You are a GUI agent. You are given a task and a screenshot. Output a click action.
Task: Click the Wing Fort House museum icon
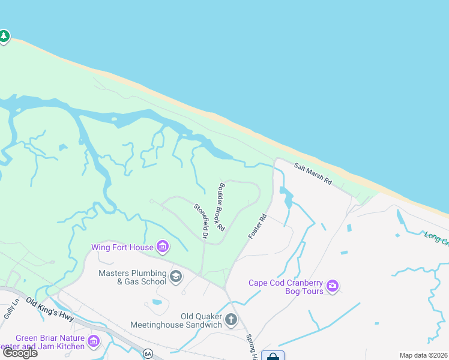click(162, 246)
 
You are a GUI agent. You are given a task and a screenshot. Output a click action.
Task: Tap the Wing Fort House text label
click(122, 247)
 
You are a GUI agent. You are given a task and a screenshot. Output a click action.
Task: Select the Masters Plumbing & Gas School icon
click(176, 276)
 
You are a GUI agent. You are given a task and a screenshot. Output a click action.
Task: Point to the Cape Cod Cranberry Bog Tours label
click(286, 287)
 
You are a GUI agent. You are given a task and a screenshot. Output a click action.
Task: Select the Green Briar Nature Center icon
click(94, 341)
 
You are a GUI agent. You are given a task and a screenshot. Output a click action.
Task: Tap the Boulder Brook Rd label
click(221, 207)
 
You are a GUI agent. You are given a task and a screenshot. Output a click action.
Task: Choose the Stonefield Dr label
click(200, 222)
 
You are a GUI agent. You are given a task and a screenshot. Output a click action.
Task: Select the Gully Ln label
click(8, 311)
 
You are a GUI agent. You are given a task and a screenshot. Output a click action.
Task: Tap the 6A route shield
click(148, 353)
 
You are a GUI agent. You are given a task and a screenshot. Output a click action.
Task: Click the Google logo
click(20, 353)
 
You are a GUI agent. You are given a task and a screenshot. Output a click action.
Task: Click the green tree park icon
click(4, 37)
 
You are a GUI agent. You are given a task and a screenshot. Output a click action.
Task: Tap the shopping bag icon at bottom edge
click(273, 356)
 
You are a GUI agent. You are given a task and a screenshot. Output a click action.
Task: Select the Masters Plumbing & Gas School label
click(133, 277)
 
